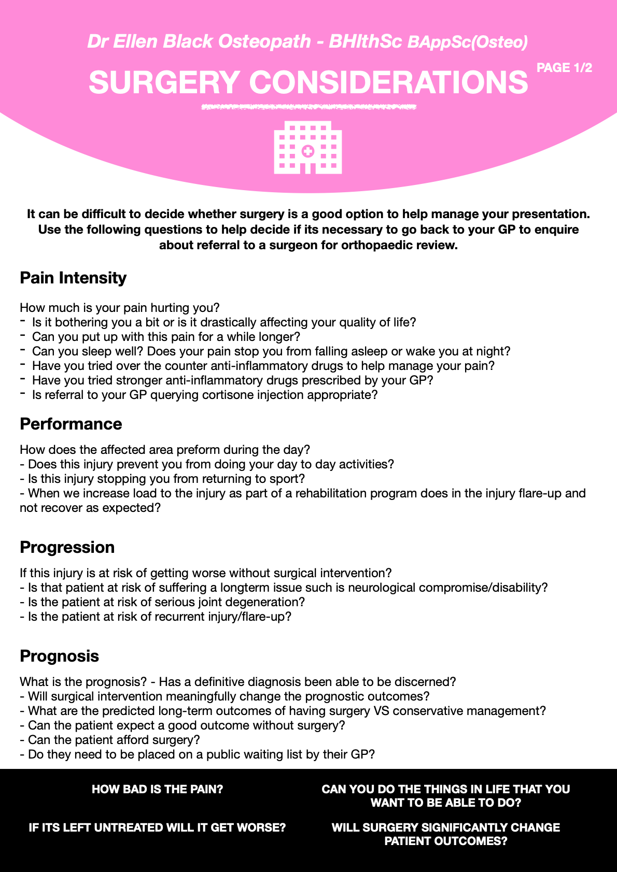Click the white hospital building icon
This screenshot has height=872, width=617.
coord(307,148)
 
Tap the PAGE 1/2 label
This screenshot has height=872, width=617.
coord(564,68)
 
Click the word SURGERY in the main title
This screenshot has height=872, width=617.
coord(164,82)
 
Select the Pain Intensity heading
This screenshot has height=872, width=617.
coord(73,278)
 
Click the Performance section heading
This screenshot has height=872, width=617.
coord(71,424)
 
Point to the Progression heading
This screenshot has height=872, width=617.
coord(67,547)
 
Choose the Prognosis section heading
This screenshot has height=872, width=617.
coord(60,656)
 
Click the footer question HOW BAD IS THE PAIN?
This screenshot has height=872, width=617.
coord(158,789)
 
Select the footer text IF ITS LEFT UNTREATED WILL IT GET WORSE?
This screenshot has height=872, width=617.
coord(158,827)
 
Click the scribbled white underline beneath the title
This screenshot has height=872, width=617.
coord(308,108)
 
